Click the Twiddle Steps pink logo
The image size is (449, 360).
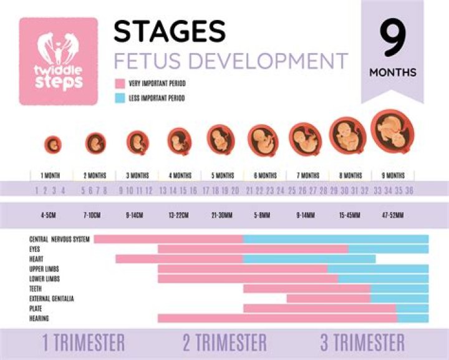tap(59, 61)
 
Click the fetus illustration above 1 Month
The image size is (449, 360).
tap(53, 144)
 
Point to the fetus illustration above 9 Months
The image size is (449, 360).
tap(392, 130)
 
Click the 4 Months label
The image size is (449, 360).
tap(180, 175)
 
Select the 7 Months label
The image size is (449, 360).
tap(307, 175)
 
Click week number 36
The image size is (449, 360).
tap(409, 190)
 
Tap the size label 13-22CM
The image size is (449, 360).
tap(180, 215)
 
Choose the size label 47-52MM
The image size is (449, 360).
tap(392, 215)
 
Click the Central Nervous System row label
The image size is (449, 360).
tap(60, 239)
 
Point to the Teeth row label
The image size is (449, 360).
tap(36, 289)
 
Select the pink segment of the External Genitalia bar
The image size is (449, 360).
tap(328, 298)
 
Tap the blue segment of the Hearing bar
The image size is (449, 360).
tap(413, 318)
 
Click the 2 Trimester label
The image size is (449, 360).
tap(224, 343)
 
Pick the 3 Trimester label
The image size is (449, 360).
tap(362, 343)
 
